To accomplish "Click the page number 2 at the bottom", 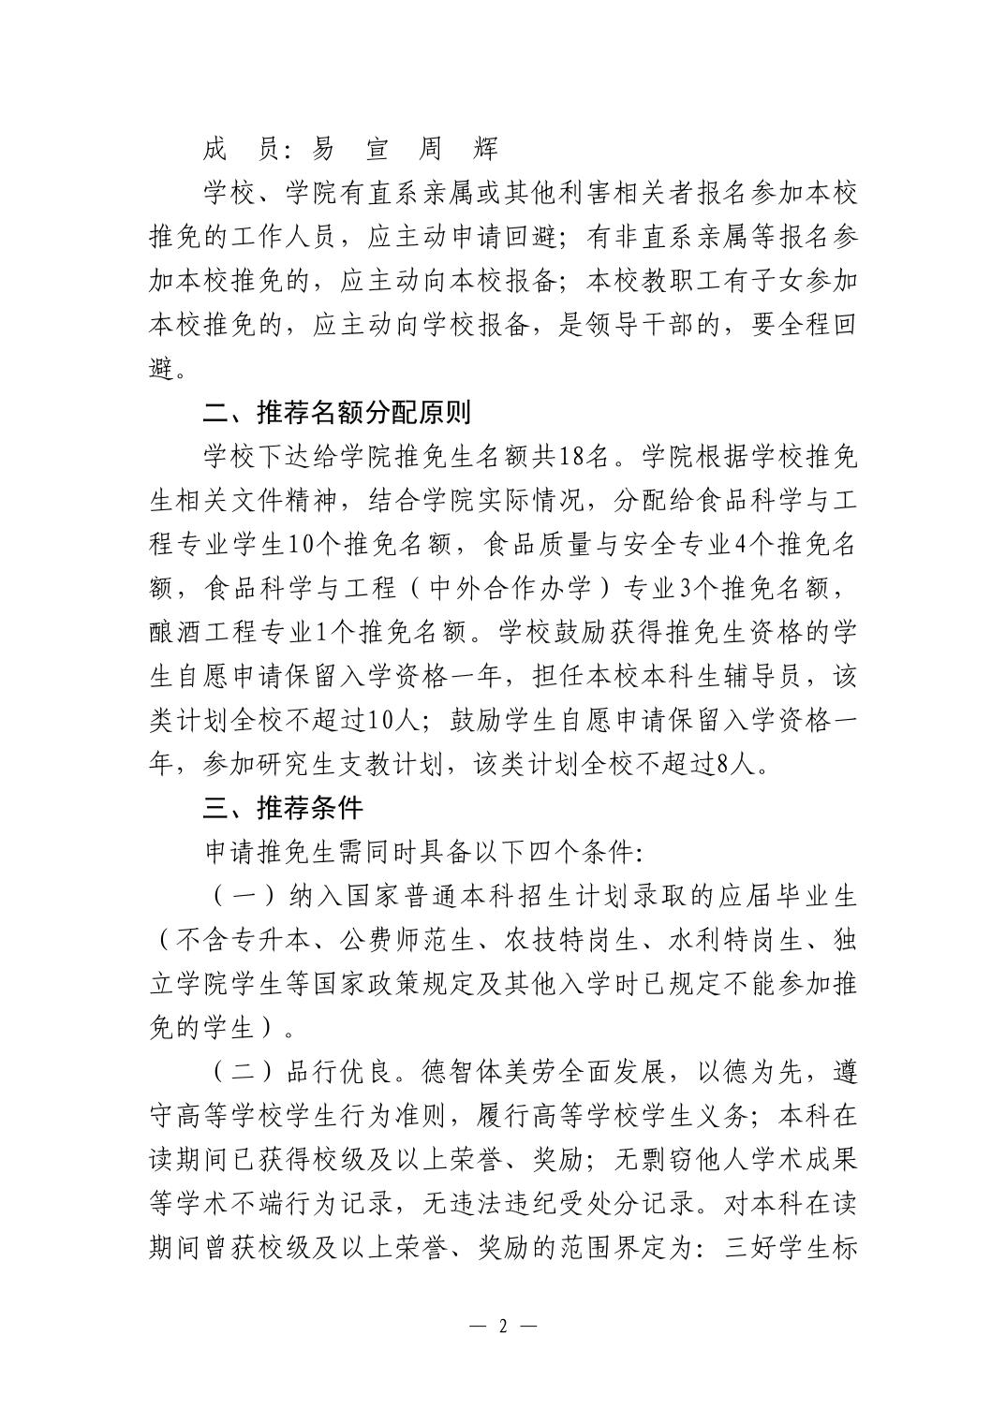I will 503,1326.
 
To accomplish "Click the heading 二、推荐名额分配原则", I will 336,412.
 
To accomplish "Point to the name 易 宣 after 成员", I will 347,149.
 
